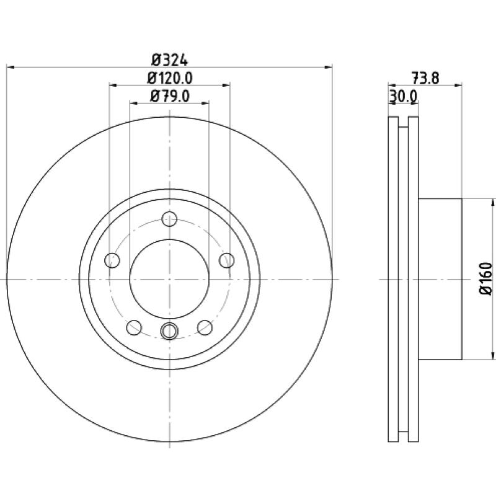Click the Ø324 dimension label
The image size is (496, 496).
click(170, 60)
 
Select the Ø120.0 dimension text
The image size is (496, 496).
click(170, 78)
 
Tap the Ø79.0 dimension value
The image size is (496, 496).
click(170, 96)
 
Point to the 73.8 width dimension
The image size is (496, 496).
click(425, 78)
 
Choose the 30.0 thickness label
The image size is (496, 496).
click(404, 96)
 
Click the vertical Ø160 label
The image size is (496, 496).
click(486, 279)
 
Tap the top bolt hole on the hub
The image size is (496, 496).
click(169, 219)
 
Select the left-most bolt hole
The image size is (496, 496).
click(112, 260)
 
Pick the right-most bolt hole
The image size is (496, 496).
click(227, 260)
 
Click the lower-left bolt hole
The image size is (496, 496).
click(134, 327)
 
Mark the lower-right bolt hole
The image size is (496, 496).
click(205, 327)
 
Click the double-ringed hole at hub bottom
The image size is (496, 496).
click(169, 331)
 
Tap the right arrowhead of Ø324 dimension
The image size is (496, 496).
click(329, 67)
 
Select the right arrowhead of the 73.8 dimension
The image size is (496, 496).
click(458, 85)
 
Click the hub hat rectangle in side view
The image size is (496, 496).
click(440, 279)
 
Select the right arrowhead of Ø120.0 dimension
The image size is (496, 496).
click(226, 85)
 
